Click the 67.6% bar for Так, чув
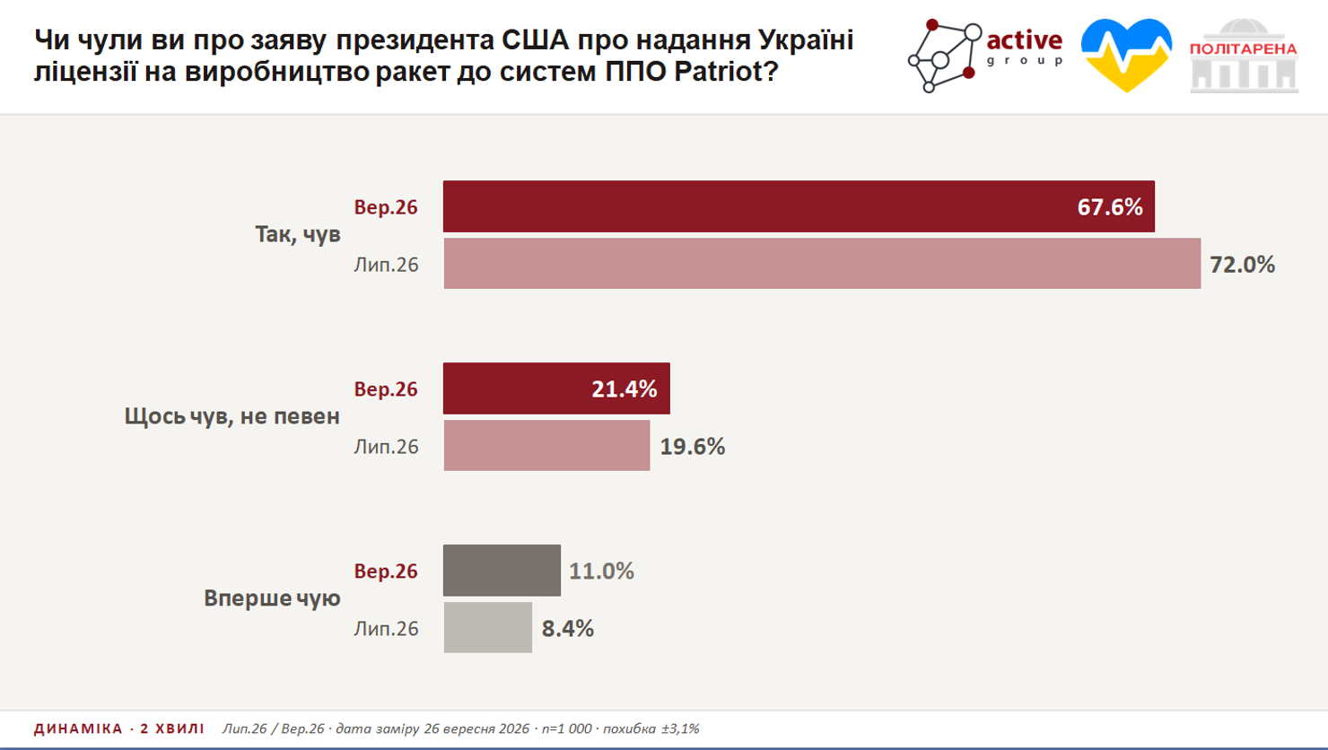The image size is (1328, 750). click(799, 206)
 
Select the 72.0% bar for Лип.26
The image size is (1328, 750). click(822, 264)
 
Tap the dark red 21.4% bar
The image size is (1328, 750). click(556, 388)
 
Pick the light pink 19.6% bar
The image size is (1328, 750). click(546, 446)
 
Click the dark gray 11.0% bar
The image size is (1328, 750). click(502, 571)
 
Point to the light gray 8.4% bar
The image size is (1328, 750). click(488, 628)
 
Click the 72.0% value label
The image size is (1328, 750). click(1242, 265)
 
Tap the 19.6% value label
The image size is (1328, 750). click(693, 447)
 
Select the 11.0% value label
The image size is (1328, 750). click(602, 571)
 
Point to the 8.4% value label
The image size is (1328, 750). click(568, 629)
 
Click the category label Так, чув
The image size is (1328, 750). click(298, 235)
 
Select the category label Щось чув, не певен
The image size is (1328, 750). click(232, 416)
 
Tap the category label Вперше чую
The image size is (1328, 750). click(272, 598)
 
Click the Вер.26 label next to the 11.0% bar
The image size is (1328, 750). click(386, 571)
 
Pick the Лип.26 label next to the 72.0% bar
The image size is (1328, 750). click(386, 265)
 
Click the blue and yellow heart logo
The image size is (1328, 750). click(1126, 55)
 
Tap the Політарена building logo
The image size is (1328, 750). click(1244, 56)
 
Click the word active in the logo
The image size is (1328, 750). click(1025, 40)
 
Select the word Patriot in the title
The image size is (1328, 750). click(718, 72)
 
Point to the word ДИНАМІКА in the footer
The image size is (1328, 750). click(78, 728)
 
